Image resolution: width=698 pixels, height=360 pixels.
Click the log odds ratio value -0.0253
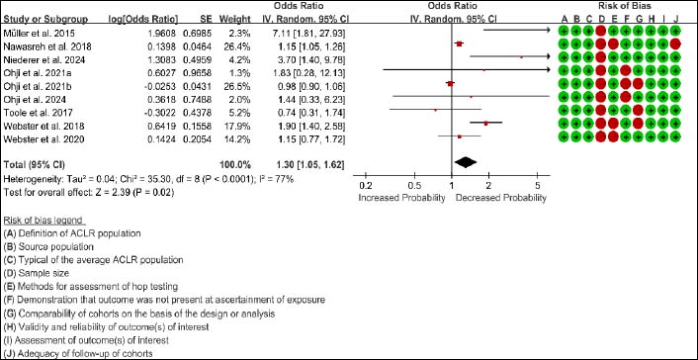164,85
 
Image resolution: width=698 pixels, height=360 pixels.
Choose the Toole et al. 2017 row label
32,112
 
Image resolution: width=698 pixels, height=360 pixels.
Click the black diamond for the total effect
465,163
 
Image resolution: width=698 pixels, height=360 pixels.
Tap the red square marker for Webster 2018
486,123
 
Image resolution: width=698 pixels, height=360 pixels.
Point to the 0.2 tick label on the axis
366,186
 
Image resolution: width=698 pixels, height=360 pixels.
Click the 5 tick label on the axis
537,186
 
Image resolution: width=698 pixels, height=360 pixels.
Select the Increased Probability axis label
402,198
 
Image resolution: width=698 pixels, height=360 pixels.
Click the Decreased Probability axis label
501,198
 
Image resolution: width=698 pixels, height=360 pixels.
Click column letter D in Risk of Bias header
601,19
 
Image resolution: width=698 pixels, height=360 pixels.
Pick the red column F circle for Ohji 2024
626,96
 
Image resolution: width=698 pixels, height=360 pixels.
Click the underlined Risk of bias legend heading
44,221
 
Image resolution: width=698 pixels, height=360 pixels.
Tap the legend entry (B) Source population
48,246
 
